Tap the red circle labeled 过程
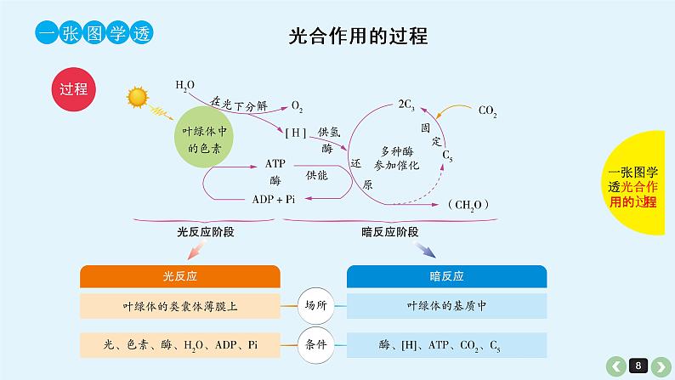74,90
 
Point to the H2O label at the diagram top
185,85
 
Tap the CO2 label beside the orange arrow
488,111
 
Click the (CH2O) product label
467,204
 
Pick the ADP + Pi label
274,199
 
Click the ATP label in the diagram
275,162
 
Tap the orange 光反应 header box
180,276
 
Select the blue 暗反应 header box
446,276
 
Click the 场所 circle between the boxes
314,304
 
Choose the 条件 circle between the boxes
314,344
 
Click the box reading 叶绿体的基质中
446,305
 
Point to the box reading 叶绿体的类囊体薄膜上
180,305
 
